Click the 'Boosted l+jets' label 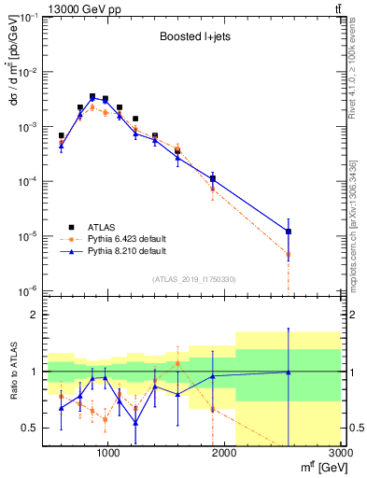tap(189, 36)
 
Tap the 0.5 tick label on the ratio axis tap(29, 428)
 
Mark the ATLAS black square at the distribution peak tap(92, 96)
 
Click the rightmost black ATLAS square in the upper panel tap(289, 232)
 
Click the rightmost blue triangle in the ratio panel tap(289, 373)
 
